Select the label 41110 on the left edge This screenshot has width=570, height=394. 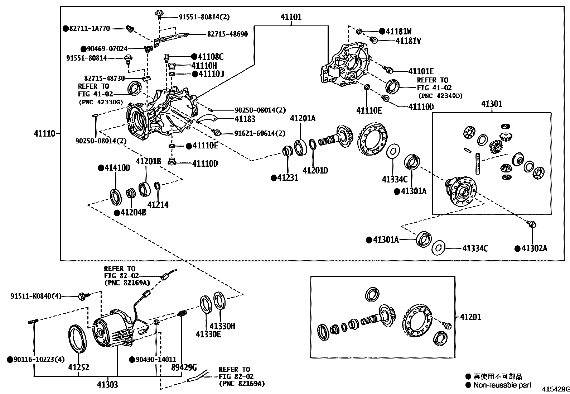(44, 134)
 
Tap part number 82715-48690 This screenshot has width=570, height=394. (227, 34)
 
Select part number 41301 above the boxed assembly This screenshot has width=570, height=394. (492, 104)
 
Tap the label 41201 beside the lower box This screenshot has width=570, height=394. (470, 317)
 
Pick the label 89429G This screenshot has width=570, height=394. (184, 367)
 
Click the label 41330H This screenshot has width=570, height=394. (222, 326)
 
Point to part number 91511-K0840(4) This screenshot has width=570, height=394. (36, 296)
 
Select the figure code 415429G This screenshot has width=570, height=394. (555, 389)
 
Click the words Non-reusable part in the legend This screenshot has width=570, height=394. (502, 385)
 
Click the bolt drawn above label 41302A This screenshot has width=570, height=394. (532, 224)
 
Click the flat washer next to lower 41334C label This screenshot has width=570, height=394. (438, 248)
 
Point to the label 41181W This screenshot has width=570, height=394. (398, 31)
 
